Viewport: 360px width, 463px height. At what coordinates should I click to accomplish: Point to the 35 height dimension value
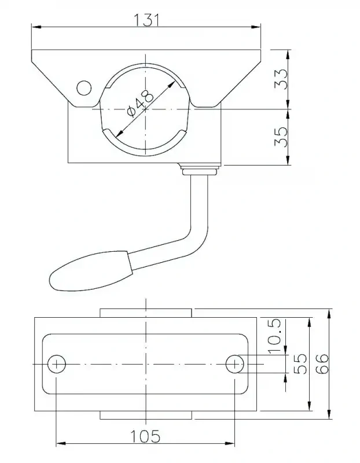click(280, 137)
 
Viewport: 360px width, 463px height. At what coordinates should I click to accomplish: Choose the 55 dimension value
click(299, 365)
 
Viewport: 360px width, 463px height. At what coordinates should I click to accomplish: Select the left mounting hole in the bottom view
click(57, 364)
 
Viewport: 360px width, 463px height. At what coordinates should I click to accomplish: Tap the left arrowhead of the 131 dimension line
click(36, 27)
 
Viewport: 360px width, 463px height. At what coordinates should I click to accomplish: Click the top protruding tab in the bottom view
click(146, 313)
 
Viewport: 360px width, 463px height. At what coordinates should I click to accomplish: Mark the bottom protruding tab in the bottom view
click(146, 415)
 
